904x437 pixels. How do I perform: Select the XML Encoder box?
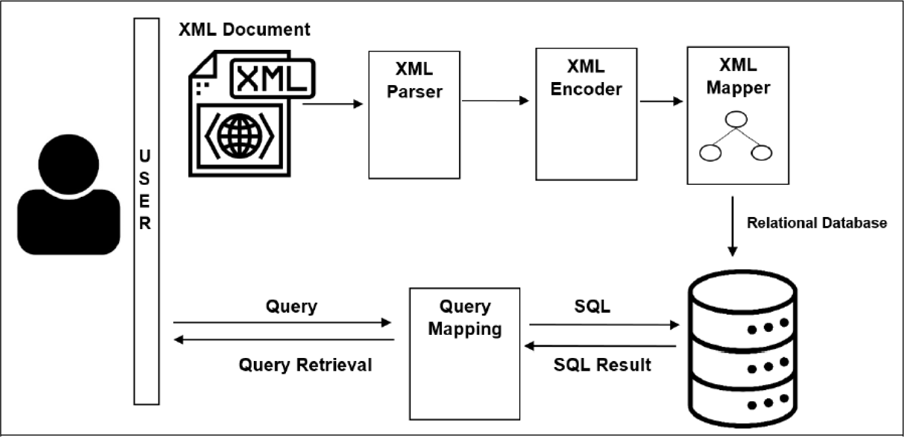[586, 114]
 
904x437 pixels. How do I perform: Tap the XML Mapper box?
[738, 115]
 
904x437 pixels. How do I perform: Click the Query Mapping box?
[465, 353]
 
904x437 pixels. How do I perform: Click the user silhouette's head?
[69, 160]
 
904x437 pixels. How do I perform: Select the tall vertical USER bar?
[146, 211]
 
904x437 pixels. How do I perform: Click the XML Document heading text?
[244, 30]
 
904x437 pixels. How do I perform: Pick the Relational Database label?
[817, 223]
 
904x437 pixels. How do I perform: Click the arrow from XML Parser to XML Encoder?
[495, 101]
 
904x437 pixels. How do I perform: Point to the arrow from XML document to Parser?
[332, 104]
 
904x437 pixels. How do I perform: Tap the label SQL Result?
[602, 365]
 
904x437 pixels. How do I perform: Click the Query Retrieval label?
[305, 365]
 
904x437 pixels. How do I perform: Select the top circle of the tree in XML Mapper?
[736, 119]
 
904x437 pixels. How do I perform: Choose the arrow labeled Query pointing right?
[282, 323]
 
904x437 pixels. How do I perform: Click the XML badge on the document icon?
[272, 78]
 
